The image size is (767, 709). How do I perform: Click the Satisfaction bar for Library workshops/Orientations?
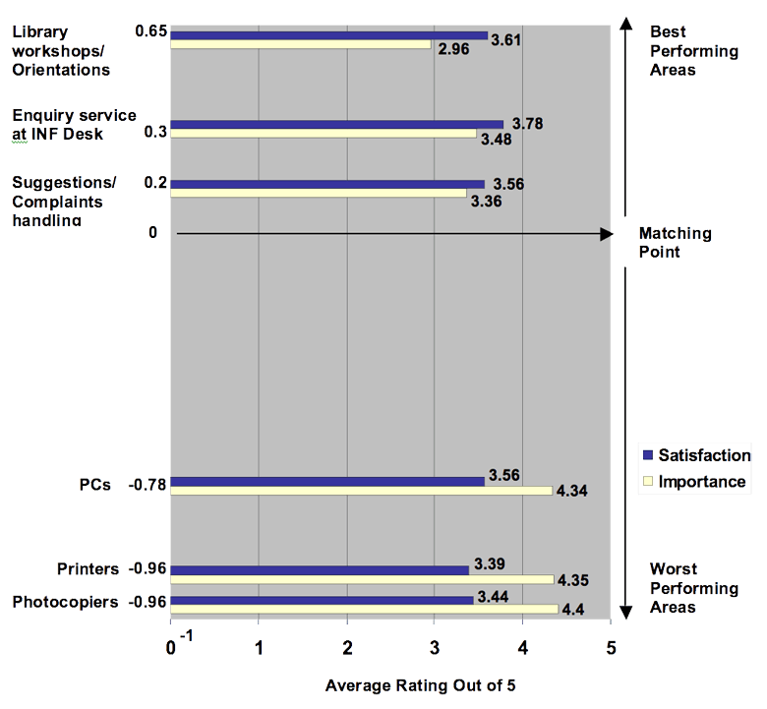[328, 35]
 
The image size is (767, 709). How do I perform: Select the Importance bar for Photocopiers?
[364, 609]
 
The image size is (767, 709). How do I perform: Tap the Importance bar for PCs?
[361, 490]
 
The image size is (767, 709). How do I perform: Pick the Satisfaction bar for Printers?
[320, 569]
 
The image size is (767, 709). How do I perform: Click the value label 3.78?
[526, 123]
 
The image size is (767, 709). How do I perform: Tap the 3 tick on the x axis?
[435, 648]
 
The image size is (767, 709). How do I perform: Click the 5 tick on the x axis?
[611, 648]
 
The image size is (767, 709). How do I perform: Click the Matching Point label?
[675, 243]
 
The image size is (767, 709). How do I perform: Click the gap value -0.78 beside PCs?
[149, 484]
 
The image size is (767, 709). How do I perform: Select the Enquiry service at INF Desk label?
[74, 125]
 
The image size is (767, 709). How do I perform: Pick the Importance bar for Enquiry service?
[324, 133]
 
